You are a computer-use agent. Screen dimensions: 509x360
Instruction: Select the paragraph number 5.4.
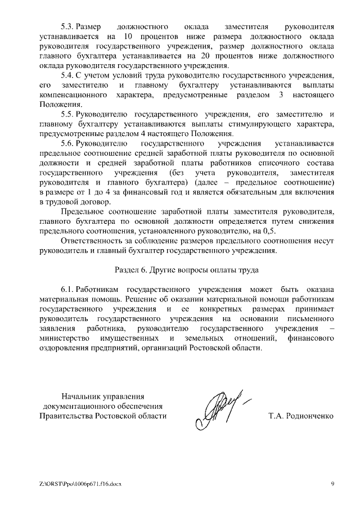[x=67, y=75]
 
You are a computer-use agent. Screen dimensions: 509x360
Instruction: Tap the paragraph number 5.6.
[x=67, y=143]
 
